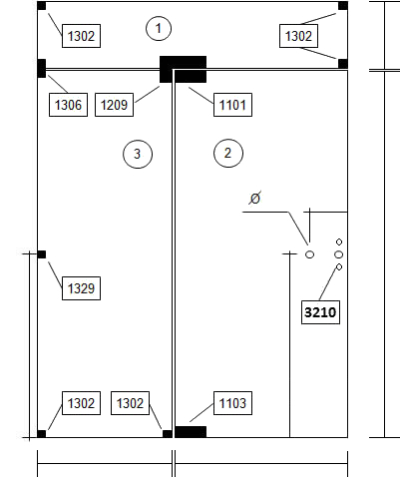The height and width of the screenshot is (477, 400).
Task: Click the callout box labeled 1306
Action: (68, 105)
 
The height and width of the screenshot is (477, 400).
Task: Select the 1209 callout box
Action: (114, 105)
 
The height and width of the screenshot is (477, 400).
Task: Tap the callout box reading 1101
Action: (232, 105)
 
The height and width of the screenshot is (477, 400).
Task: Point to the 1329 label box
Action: (81, 288)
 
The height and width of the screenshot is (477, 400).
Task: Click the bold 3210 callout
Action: (320, 312)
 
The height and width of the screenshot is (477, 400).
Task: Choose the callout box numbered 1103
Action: (232, 403)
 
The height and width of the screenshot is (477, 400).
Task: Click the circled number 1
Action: (159, 28)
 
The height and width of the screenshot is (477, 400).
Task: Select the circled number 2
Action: (228, 153)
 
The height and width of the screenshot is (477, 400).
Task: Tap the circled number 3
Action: (138, 154)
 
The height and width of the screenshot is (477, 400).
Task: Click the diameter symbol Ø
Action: (254, 199)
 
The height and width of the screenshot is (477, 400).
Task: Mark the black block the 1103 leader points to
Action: (191, 432)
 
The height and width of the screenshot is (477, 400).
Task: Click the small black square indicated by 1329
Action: (42, 254)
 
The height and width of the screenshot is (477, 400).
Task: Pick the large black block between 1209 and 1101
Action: (183, 69)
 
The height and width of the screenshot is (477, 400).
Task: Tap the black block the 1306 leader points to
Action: (42, 68)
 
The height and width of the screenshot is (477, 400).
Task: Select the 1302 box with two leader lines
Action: (298, 36)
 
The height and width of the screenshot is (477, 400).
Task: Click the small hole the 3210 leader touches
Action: (339, 266)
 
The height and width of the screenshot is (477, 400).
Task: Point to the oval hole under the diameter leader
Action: (309, 254)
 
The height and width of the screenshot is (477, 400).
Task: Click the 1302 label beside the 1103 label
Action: (130, 403)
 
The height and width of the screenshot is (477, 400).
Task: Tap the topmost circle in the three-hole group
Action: (339, 241)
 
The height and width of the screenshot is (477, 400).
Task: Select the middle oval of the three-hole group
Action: (339, 254)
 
